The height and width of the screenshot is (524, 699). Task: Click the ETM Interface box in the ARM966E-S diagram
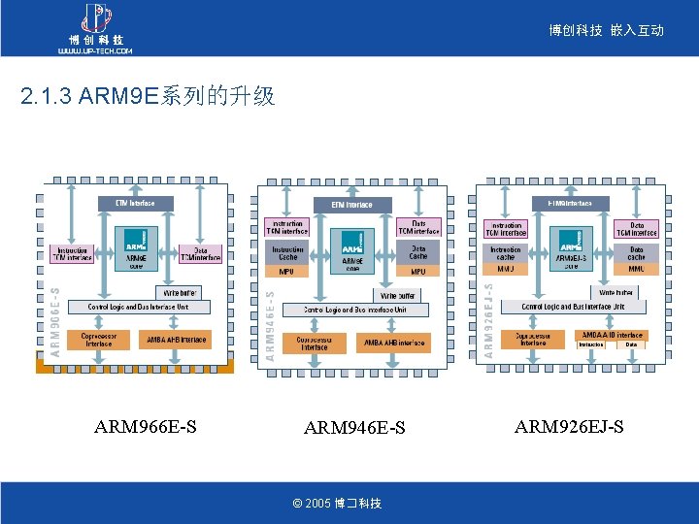click(x=135, y=203)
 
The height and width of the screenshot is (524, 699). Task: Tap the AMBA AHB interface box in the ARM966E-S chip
click(x=177, y=340)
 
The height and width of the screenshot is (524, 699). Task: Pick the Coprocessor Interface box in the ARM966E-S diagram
click(x=98, y=340)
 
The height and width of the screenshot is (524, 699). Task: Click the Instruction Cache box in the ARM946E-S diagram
click(x=287, y=252)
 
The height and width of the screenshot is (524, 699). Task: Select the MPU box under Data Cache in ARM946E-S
click(x=418, y=272)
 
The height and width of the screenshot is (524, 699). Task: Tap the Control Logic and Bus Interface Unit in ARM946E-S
click(x=354, y=310)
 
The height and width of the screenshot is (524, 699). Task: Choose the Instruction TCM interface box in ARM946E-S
click(x=287, y=228)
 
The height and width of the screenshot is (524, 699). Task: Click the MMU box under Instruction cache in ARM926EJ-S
click(x=506, y=269)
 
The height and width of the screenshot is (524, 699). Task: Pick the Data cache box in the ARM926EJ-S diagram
click(x=637, y=252)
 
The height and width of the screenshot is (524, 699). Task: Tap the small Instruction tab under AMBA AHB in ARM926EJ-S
click(x=591, y=344)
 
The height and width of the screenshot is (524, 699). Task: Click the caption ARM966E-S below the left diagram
click(x=145, y=427)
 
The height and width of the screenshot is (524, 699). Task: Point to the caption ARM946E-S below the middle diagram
click(x=354, y=428)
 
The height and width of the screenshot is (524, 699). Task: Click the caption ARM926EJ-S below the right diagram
click(x=569, y=427)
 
